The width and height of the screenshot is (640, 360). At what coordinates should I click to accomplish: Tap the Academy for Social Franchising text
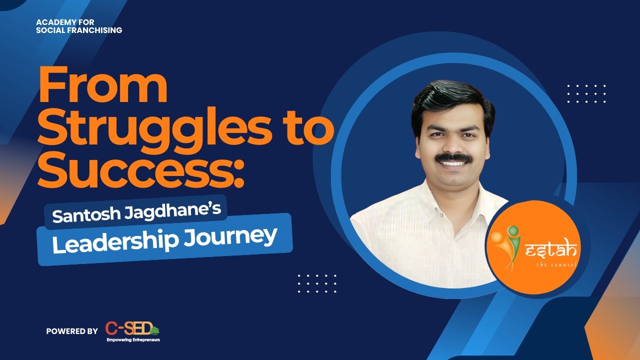pos(79,26)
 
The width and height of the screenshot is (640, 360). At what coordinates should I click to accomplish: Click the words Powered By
pos(72,331)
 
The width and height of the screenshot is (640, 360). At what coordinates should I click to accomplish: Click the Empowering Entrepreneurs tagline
pos(133,340)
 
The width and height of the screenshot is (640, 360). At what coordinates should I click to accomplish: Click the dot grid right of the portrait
pos(586,93)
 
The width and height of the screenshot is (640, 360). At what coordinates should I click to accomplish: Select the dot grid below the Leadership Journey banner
pos(317,283)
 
